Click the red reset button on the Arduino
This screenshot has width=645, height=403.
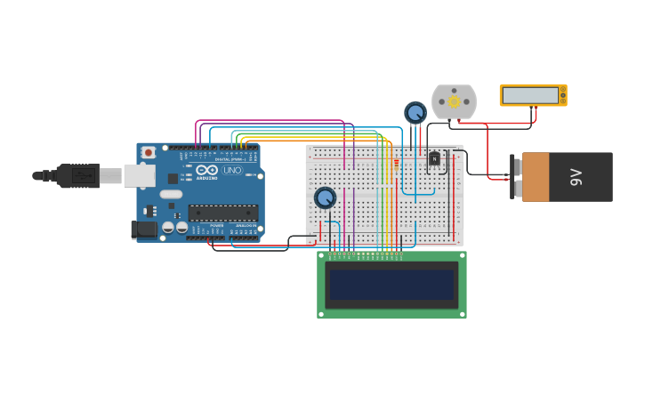click(149, 153)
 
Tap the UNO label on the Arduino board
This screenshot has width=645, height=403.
click(232, 170)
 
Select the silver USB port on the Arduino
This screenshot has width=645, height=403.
click(139, 175)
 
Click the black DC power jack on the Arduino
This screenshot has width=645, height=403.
click(143, 230)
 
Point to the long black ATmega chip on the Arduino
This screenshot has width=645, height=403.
click(222, 213)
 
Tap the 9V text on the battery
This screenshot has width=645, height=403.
click(576, 177)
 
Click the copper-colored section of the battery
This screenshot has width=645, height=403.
click(536, 177)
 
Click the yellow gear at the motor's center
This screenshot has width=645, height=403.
click(454, 101)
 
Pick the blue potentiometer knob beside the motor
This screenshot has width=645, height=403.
click(415, 113)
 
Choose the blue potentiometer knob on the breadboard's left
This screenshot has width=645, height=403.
click(325, 197)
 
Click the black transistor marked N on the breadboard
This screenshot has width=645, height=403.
click(434, 158)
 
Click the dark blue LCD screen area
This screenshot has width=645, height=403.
click(391, 285)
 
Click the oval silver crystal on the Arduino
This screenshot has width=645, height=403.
click(171, 194)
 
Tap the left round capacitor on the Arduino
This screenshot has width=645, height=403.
click(168, 228)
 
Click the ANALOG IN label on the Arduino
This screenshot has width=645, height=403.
click(245, 226)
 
